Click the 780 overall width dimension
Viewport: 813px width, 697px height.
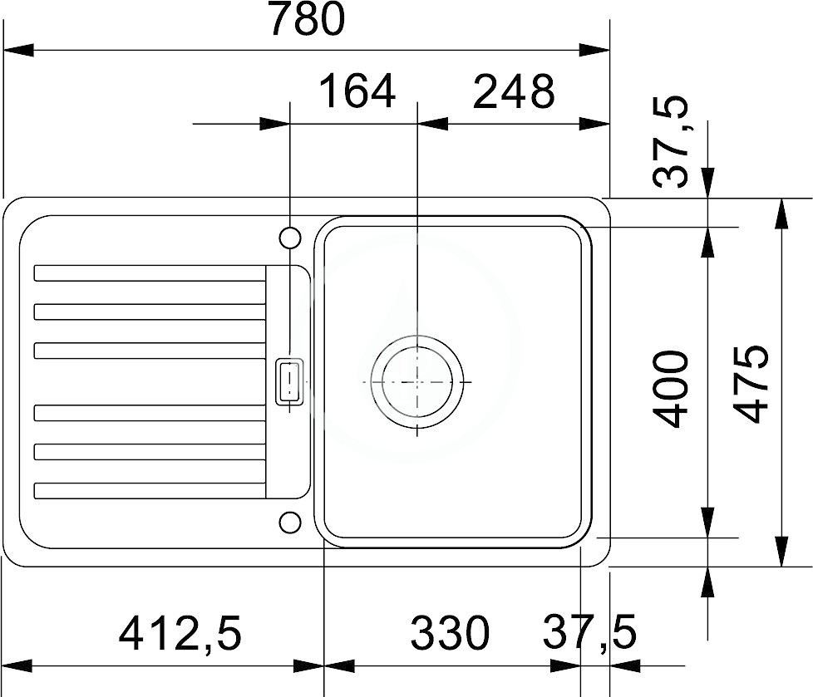pos(307,19)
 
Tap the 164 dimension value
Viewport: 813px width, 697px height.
pos(357,91)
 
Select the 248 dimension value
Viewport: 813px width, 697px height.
pos(513,91)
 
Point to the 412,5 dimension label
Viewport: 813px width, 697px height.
pos(180,633)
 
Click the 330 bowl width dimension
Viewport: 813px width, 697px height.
pos(450,633)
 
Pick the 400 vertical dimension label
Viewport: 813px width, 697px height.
pos(672,389)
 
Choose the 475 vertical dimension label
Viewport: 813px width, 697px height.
pos(751,384)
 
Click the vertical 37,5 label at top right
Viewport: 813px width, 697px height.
pos(672,141)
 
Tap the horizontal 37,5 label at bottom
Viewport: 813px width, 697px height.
pos(589,633)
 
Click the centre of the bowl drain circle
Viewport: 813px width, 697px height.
pos(417,382)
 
